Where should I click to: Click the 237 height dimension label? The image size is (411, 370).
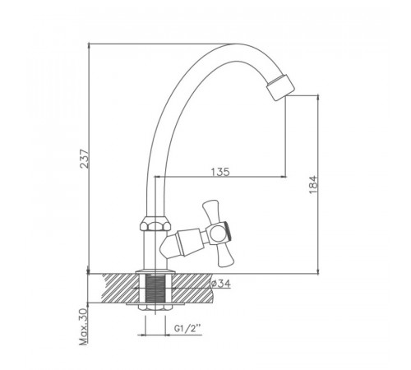[x=85, y=159]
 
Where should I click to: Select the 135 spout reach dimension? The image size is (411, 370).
[x=220, y=172]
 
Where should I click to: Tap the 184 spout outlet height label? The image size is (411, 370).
[x=313, y=185]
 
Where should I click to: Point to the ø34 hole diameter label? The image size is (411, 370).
[x=221, y=284]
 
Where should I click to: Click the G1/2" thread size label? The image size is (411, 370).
[x=187, y=328]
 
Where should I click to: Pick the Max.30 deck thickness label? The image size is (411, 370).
[x=83, y=326]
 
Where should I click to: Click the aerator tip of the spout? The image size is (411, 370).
[x=280, y=87]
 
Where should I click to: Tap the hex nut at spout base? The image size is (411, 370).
[x=155, y=223]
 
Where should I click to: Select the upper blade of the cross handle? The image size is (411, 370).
[x=212, y=211]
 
